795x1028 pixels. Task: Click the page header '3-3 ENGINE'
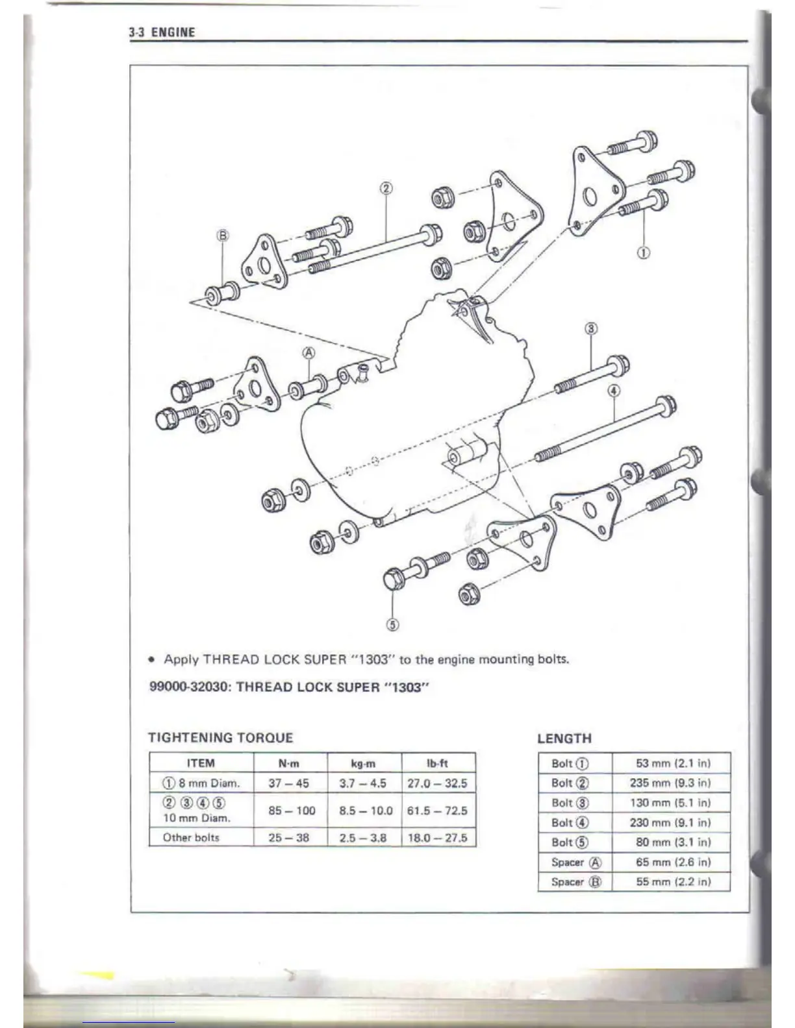(x=162, y=32)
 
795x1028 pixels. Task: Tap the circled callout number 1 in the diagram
(x=643, y=253)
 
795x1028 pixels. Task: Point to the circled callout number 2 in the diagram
(x=386, y=189)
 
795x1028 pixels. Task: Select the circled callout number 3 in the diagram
(x=591, y=328)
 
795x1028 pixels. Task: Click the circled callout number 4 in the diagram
(x=614, y=391)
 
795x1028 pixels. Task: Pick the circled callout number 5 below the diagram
(x=392, y=624)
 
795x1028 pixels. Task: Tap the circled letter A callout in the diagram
(x=309, y=353)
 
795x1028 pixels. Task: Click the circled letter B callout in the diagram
(x=223, y=236)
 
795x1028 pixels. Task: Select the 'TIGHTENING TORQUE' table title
(x=221, y=737)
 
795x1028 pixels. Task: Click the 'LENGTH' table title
(x=564, y=738)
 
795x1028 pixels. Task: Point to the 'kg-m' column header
(x=364, y=763)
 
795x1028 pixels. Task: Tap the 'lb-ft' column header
(x=438, y=763)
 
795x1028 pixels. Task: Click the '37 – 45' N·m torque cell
(x=289, y=783)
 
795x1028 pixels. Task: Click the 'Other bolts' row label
(x=191, y=838)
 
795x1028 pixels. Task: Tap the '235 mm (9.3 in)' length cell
(x=670, y=783)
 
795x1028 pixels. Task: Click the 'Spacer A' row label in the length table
(x=575, y=863)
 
